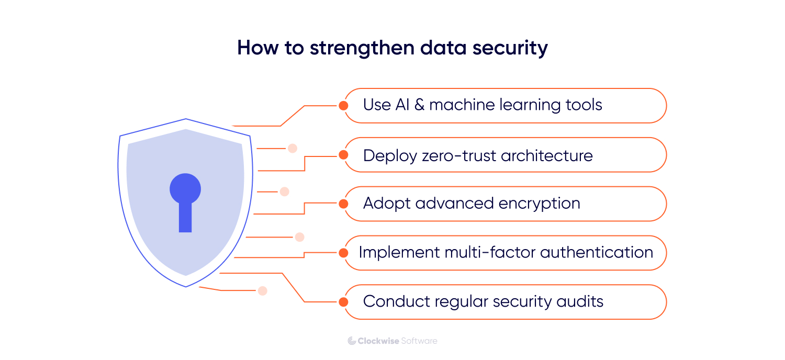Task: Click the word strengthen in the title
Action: pyautogui.click(x=364, y=48)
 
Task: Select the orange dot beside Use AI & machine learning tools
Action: pyautogui.click(x=343, y=106)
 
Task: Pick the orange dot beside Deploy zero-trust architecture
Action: pyautogui.click(x=343, y=155)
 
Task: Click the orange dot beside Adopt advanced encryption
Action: pyautogui.click(x=343, y=204)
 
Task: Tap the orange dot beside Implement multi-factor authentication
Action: pyautogui.click(x=343, y=253)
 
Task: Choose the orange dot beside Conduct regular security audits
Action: pyautogui.click(x=343, y=302)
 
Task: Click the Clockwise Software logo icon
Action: pyautogui.click(x=352, y=341)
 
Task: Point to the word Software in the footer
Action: pyautogui.click(x=419, y=341)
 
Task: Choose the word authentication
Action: pyautogui.click(x=597, y=253)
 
